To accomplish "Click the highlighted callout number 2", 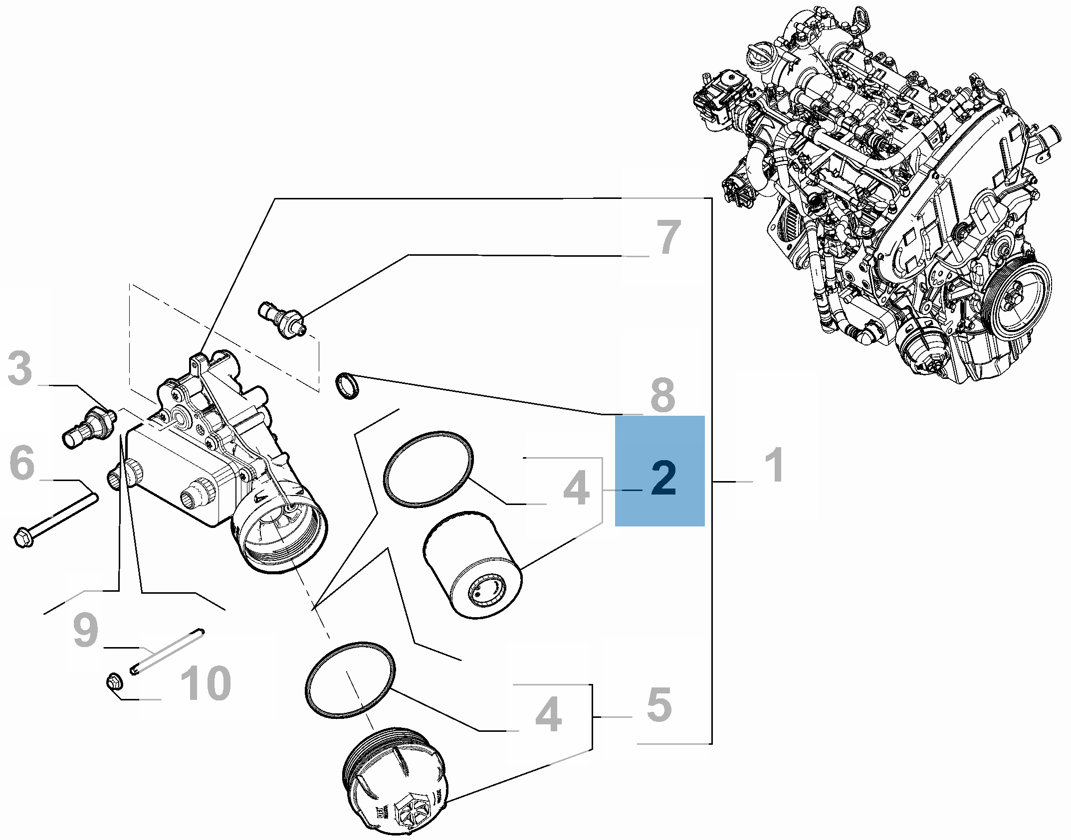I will (663, 479).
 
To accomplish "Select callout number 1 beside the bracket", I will (774, 465).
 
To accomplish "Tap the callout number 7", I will (668, 237).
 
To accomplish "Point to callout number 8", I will (663, 396).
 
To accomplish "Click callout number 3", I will (20, 368).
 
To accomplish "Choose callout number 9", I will (86, 631).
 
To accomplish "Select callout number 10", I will (206, 683).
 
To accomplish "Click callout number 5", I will (659, 705).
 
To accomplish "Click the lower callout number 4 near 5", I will (549, 715).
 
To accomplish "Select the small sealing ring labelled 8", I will (348, 386).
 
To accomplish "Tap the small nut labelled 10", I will (114, 681).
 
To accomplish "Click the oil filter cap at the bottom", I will (394, 788).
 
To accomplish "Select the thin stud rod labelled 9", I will (168, 652).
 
